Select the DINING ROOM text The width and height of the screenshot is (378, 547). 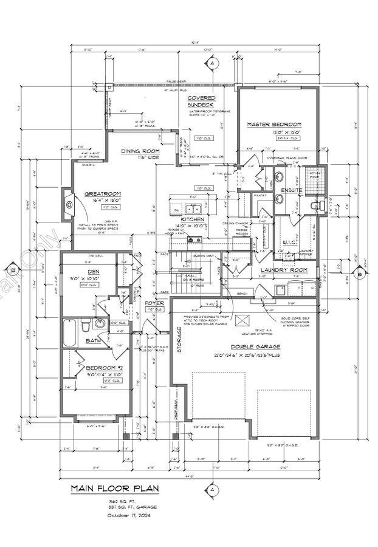[x=140, y=151]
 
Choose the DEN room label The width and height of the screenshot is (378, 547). [x=93, y=272]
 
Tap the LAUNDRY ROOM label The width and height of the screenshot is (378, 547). [x=284, y=269]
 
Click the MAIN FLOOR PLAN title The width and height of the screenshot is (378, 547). [x=113, y=488]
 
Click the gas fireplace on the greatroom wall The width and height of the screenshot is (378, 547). [x=68, y=205]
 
